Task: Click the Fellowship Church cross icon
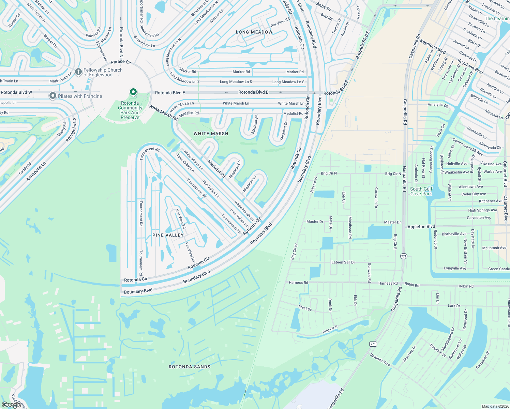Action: point(78,72)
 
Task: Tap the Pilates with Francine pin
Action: point(52,96)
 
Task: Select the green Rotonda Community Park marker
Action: point(133,92)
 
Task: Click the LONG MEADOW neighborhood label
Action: point(254,32)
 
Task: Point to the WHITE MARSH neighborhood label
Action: point(211,134)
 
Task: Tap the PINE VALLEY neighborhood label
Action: point(168,235)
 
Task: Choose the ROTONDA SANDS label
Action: point(190,367)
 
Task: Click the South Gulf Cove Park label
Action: point(421,191)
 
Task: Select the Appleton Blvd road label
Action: point(421,227)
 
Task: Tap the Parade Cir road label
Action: point(121,62)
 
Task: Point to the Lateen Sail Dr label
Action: point(343,262)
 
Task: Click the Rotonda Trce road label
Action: point(380,360)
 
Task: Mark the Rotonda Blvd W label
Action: point(16,92)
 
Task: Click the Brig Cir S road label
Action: point(330,330)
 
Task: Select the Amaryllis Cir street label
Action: point(438,105)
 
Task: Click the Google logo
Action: point(12,405)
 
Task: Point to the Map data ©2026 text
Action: point(494,406)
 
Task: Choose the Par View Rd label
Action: point(280,22)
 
